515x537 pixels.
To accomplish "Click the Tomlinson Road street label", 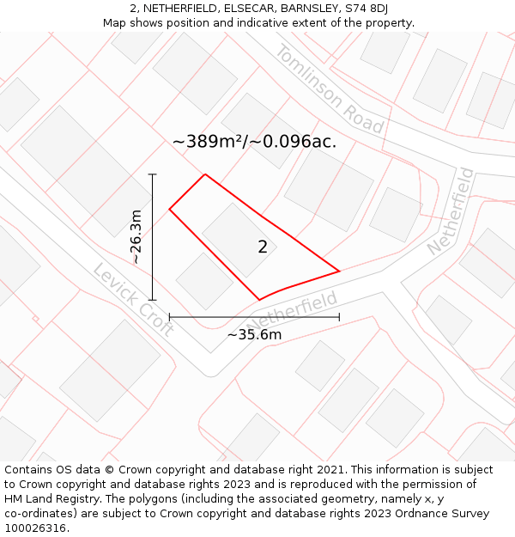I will tap(329, 89).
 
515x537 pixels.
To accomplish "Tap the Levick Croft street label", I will tap(133, 300).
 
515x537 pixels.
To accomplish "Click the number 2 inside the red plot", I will tap(263, 247).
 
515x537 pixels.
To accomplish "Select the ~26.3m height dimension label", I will tap(136, 236).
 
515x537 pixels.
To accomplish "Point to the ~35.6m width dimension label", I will tap(254, 334).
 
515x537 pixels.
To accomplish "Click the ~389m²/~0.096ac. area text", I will tap(254, 142).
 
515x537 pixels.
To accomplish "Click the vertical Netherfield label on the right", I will tap(451, 211).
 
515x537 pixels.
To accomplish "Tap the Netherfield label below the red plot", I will tap(294, 310).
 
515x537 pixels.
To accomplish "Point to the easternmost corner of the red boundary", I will tap(339, 271).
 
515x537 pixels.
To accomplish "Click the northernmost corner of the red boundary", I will tap(205, 174).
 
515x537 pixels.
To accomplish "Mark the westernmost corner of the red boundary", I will tap(169, 209).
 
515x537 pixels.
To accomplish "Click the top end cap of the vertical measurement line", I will tap(153, 174).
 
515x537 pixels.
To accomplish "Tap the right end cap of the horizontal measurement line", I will tap(339, 317).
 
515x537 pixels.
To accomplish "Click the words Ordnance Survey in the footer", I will tap(447, 514).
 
